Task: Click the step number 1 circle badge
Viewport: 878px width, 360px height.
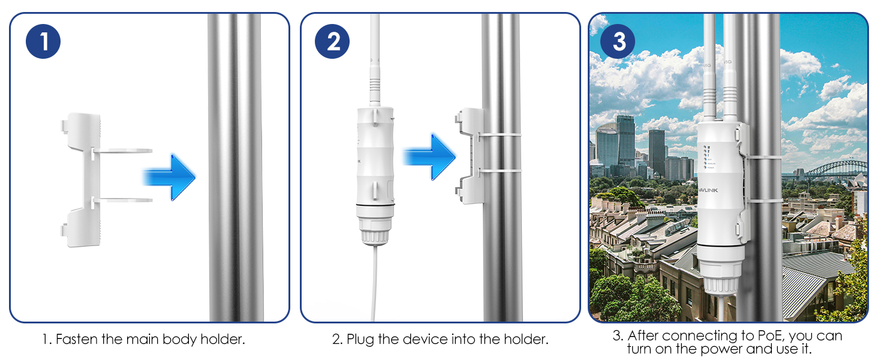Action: tap(43, 42)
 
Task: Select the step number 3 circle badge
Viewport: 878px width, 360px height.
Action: tap(618, 42)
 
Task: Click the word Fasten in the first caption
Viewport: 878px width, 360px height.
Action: tap(76, 340)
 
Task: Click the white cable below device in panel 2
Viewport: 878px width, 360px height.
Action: tap(375, 282)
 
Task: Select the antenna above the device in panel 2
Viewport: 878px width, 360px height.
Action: tap(375, 54)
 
